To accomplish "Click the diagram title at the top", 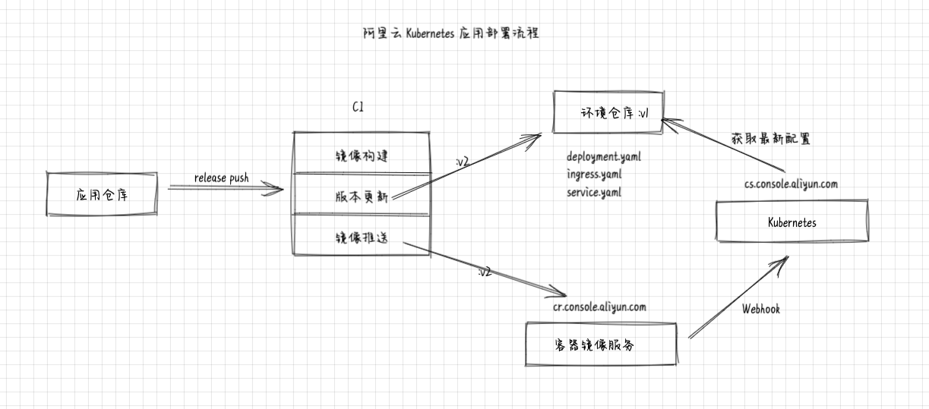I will point(451,33).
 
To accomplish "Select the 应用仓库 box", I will point(102,194).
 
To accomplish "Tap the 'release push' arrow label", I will point(221,178).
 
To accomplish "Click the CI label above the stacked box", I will point(358,108).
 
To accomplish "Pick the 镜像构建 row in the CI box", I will point(362,155).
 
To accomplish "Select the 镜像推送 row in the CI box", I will point(362,238).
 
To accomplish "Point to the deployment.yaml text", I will point(604,157).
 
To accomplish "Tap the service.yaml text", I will point(594,192).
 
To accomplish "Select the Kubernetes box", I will point(792,222).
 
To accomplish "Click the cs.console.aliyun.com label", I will point(791,184).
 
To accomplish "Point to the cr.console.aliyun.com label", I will point(599,307).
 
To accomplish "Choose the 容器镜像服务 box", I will point(601,344).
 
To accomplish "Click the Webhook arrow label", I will point(760,309).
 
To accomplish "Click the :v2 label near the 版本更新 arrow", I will point(460,162).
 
